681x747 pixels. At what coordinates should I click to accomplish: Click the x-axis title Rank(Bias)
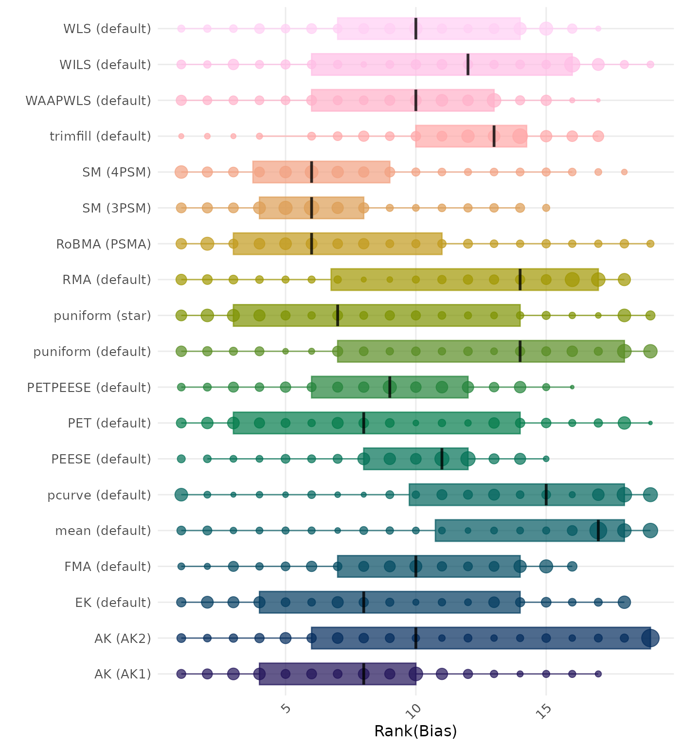click(415, 731)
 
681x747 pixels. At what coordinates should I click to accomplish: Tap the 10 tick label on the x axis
click(415, 711)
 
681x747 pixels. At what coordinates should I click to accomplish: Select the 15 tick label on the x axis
click(545, 711)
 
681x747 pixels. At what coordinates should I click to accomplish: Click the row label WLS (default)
click(107, 29)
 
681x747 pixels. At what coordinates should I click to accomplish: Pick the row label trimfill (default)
click(100, 136)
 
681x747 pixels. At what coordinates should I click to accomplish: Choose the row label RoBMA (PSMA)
click(104, 244)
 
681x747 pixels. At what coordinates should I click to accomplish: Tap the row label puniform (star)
click(102, 316)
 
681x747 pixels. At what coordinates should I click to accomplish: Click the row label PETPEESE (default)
click(89, 388)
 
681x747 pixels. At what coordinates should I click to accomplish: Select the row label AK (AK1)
click(123, 674)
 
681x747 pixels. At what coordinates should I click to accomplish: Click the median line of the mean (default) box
click(598, 531)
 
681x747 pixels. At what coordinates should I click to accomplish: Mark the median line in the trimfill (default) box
click(494, 136)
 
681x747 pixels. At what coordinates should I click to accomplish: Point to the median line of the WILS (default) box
click(468, 65)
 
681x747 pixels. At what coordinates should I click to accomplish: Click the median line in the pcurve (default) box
click(546, 495)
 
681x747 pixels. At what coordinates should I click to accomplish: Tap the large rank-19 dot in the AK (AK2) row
click(650, 638)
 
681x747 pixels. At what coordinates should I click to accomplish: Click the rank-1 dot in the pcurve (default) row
click(181, 495)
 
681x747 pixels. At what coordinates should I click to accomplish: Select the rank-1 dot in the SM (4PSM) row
click(181, 172)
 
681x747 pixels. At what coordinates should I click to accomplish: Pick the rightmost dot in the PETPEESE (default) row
click(572, 387)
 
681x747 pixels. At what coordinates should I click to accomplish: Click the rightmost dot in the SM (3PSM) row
click(546, 208)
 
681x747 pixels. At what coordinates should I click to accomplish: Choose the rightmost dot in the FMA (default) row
click(572, 566)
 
